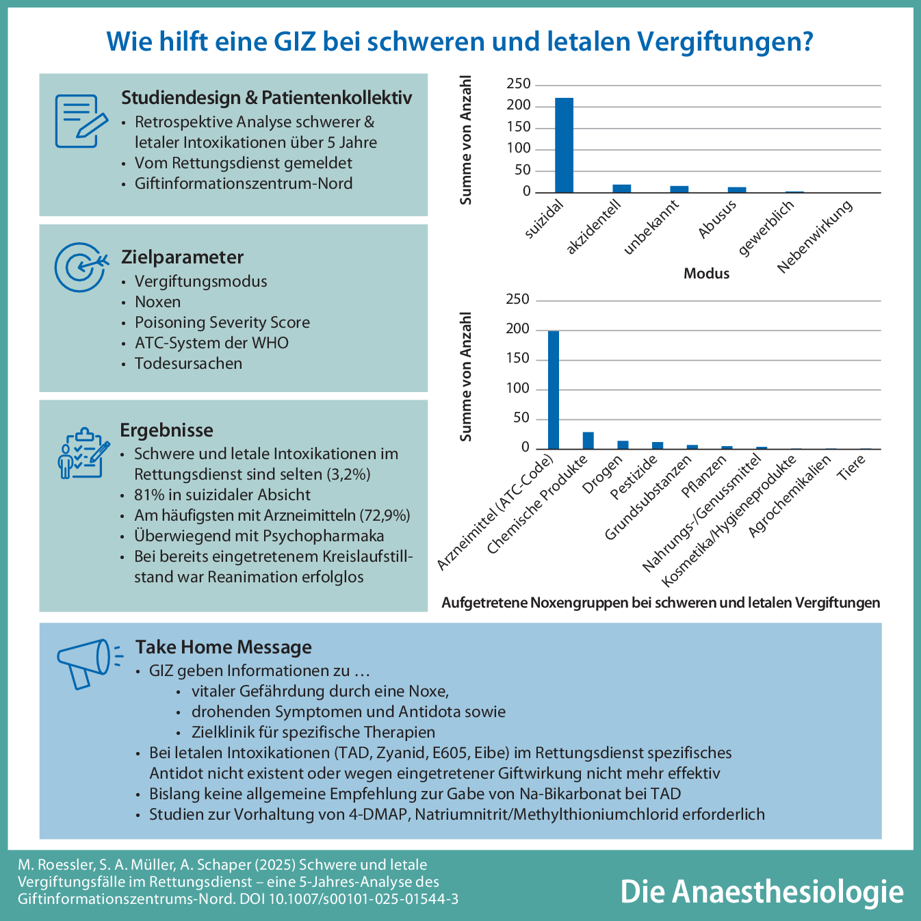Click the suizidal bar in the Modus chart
click(x=564, y=145)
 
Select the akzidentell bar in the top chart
click(x=621, y=189)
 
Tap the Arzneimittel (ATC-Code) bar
click(x=554, y=390)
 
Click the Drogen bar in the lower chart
click(x=623, y=445)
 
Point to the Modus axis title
click(x=706, y=274)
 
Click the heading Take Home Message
click(x=223, y=647)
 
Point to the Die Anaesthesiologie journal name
click(x=761, y=892)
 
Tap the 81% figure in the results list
click(x=148, y=495)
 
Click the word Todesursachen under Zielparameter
click(x=188, y=364)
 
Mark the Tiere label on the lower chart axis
click(x=853, y=468)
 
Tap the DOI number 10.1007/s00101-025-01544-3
click(x=369, y=899)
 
